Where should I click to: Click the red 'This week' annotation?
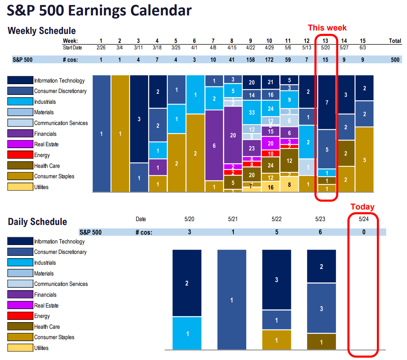pos(327,28)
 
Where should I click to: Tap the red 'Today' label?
pos(362,207)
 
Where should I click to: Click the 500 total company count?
pos(395,59)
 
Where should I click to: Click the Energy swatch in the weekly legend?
pos(20,155)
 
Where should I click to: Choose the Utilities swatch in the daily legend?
pos(20,348)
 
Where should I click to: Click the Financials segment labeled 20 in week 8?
pos(233,135)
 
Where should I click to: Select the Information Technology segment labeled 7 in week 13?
pos(327,102)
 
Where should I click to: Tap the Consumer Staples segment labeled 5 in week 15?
pos(364,160)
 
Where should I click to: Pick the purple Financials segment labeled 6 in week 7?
pos(214,145)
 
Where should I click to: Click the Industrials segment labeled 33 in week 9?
pos(252,113)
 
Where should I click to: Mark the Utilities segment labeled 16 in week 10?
pos(271,188)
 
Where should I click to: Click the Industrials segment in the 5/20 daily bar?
pos(187,333)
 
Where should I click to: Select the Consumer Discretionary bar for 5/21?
pos(232,300)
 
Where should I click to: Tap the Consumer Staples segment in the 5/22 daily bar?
pos(277,340)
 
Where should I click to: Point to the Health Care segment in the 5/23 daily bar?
pos(321,342)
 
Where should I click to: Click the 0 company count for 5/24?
pos(363,232)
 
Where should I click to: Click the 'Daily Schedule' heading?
pos(37,222)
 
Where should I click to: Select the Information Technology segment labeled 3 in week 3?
pos(139,119)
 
